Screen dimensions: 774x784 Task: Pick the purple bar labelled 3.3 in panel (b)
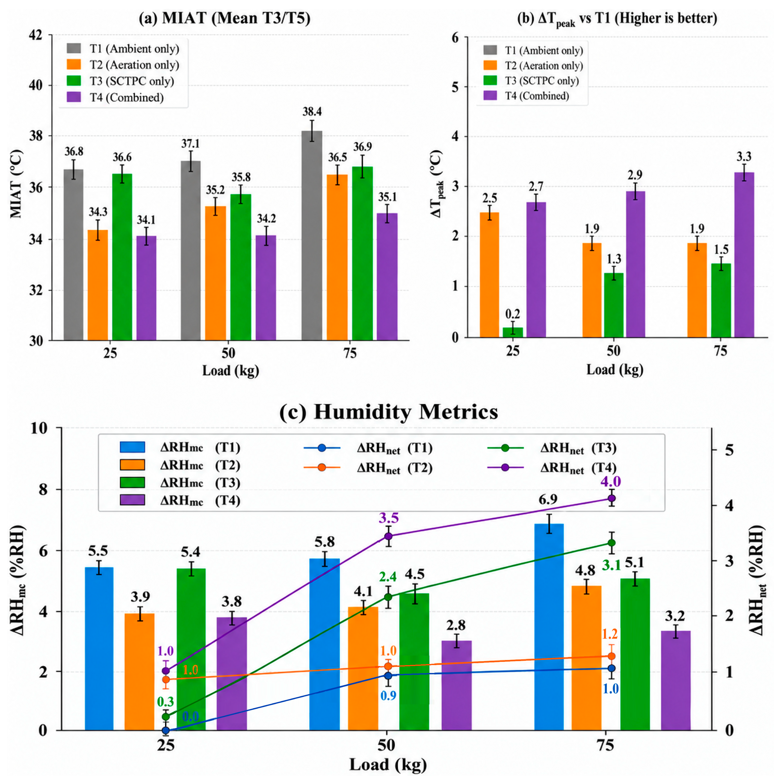[x=744, y=255]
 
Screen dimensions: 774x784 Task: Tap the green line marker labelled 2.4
[x=388, y=597]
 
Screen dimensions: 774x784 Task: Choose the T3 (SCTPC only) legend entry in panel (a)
[x=121, y=81]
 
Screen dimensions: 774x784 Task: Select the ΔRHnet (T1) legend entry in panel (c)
[x=368, y=448]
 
